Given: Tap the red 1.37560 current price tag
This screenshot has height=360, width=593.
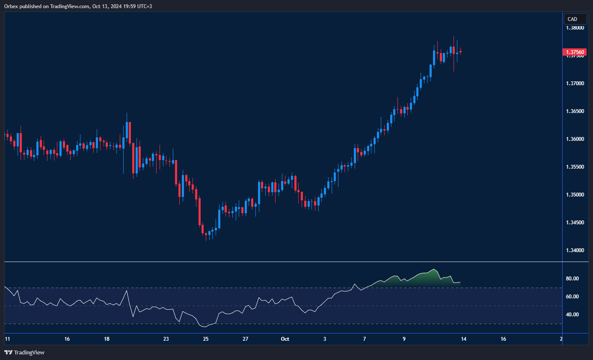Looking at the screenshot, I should click(x=574, y=52).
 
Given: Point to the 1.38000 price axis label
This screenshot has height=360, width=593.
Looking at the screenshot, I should click(x=574, y=28).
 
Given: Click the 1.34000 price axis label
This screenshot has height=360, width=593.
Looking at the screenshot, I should click(x=574, y=250).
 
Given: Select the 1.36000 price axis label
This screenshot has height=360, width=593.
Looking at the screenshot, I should click(x=574, y=139).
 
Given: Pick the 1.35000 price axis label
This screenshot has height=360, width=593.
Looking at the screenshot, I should click(x=574, y=195).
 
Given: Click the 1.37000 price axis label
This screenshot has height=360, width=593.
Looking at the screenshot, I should click(x=574, y=83).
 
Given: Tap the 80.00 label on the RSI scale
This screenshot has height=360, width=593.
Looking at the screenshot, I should click(x=572, y=279).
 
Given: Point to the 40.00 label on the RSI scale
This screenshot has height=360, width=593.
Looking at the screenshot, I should click(x=572, y=315).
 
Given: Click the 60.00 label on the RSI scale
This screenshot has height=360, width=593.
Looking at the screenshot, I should click(x=572, y=297).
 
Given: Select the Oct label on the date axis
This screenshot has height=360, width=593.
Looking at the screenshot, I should click(x=285, y=339).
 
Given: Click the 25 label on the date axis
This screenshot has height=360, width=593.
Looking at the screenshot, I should click(x=206, y=339).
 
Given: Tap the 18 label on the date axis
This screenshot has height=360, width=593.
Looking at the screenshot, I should click(x=107, y=339).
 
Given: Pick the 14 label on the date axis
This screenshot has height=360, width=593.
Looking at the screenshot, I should click(x=463, y=339).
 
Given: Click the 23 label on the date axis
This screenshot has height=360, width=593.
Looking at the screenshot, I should click(x=166, y=339).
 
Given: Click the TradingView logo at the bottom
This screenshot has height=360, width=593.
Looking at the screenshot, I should click(x=24, y=352).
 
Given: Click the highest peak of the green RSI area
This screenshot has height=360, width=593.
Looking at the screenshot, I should click(x=435, y=269).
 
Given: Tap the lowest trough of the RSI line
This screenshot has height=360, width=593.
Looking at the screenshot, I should click(x=205, y=327).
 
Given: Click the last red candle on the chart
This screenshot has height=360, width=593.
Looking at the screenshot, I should click(x=460, y=52).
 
